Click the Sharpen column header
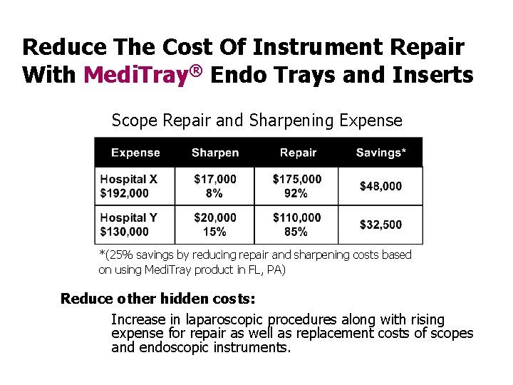(215, 153)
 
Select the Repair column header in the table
(298, 153)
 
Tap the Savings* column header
(380, 153)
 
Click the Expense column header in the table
(135, 153)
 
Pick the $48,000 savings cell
(380, 186)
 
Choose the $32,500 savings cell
(380, 225)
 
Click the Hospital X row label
(128, 179)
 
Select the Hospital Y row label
(128, 217)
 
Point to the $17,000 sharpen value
(214, 179)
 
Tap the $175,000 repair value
(296, 179)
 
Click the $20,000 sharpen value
(214, 217)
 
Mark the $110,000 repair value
(296, 217)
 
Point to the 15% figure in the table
(214, 232)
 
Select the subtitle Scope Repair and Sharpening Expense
(256, 120)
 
